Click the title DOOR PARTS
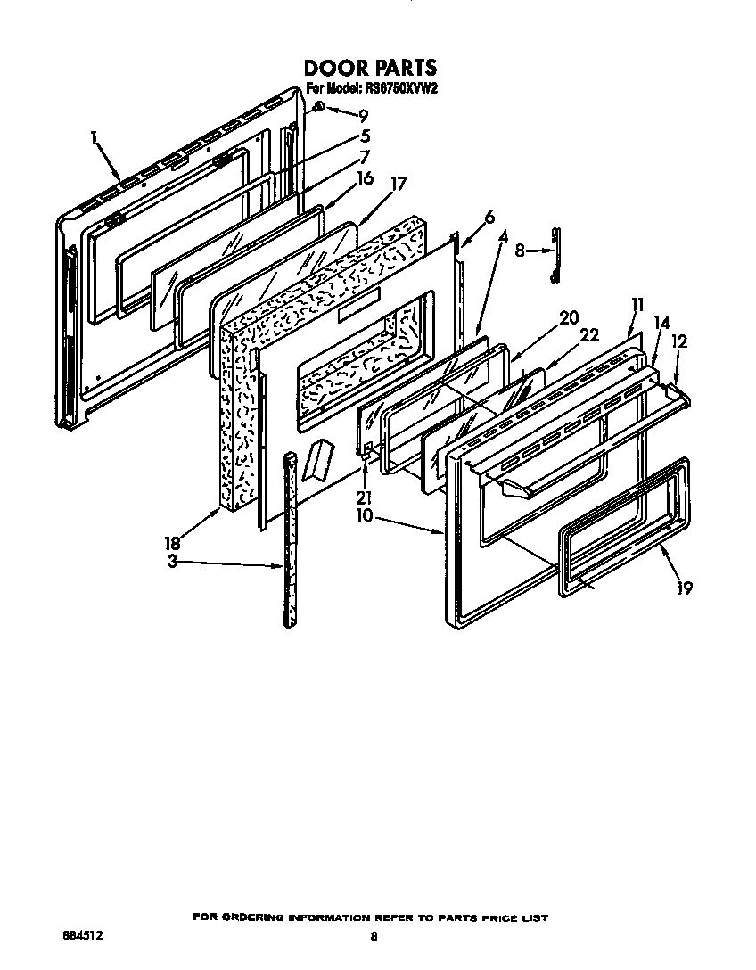tap(371, 68)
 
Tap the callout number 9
tap(363, 115)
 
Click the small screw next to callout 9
tap(320, 108)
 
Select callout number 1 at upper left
tap(94, 137)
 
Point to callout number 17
tap(399, 185)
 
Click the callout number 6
tap(489, 218)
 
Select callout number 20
tap(568, 316)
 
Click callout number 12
tap(680, 341)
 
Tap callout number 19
tap(685, 588)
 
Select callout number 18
tap(171, 543)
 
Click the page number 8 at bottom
tap(374, 937)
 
